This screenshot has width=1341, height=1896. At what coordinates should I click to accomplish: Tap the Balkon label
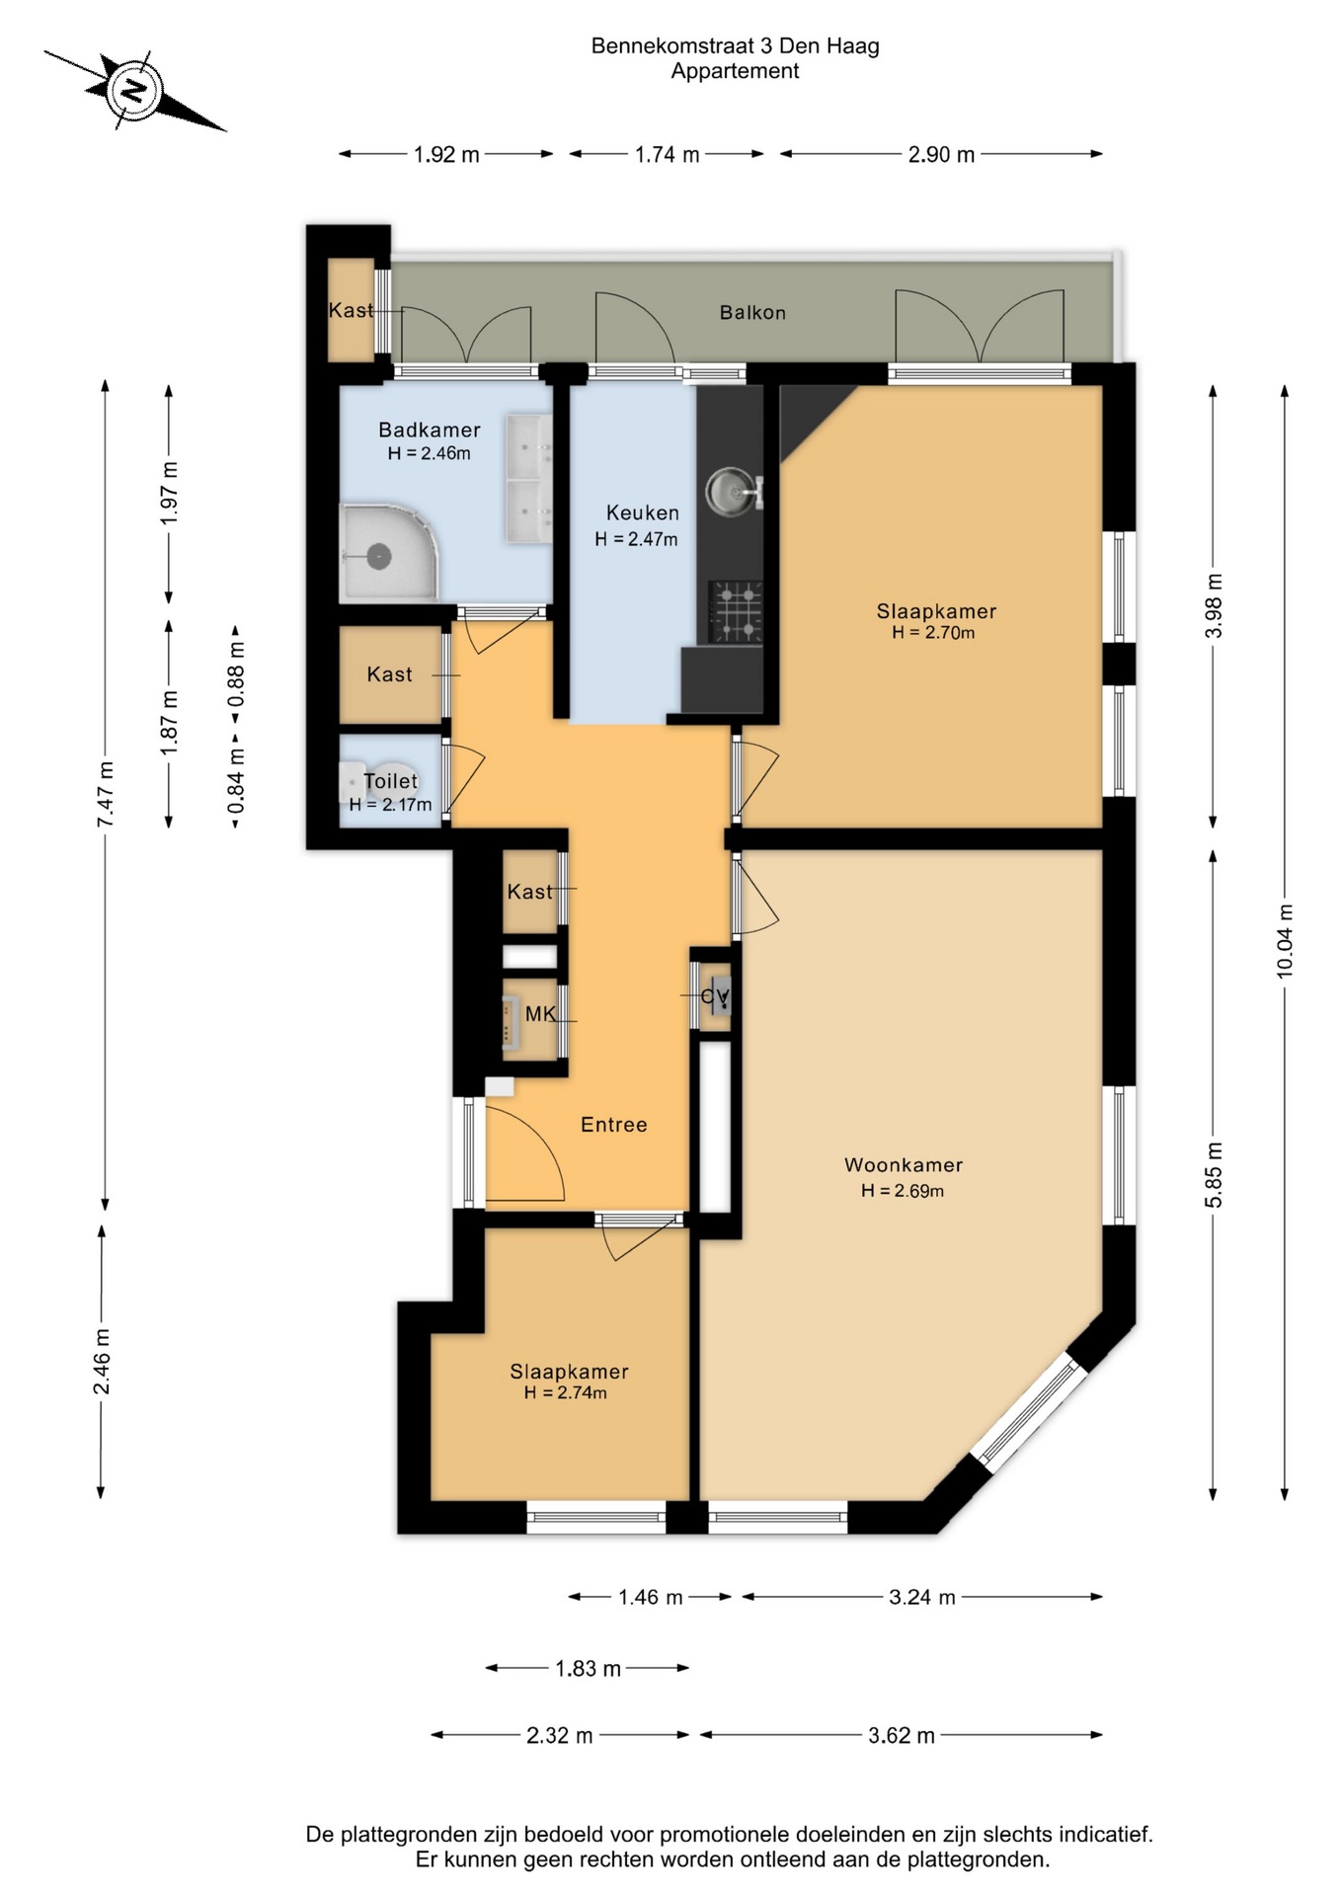click(x=752, y=313)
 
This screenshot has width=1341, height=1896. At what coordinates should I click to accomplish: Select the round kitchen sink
click(x=730, y=491)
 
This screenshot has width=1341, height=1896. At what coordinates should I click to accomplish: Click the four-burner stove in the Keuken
click(x=736, y=610)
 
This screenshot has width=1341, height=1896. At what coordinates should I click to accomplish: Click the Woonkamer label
click(x=904, y=1165)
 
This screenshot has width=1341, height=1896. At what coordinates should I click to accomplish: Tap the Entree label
click(x=613, y=1125)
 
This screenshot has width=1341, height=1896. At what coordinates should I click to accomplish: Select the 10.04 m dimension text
click(x=1285, y=941)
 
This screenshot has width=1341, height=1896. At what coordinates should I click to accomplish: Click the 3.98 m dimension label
click(x=1214, y=605)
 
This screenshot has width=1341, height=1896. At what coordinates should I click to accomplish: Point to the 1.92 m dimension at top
click(x=446, y=154)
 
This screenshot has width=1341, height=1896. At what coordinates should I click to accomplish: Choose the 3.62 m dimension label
click(x=902, y=1735)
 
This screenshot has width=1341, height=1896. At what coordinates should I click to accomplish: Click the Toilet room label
click(x=391, y=781)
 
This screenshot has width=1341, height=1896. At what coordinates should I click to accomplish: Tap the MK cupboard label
click(x=540, y=1014)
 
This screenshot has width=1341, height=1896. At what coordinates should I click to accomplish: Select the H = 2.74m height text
click(x=566, y=1393)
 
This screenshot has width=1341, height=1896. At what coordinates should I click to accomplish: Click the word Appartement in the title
click(x=735, y=71)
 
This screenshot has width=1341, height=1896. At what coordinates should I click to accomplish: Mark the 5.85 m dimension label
click(x=1214, y=1174)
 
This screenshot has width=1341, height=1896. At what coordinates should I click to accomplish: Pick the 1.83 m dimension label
click(x=588, y=1669)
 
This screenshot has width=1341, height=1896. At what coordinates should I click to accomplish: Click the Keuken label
click(x=643, y=513)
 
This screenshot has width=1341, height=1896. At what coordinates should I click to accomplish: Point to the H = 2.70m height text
click(x=933, y=633)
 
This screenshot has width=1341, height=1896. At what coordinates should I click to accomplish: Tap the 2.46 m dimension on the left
click(x=102, y=1362)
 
